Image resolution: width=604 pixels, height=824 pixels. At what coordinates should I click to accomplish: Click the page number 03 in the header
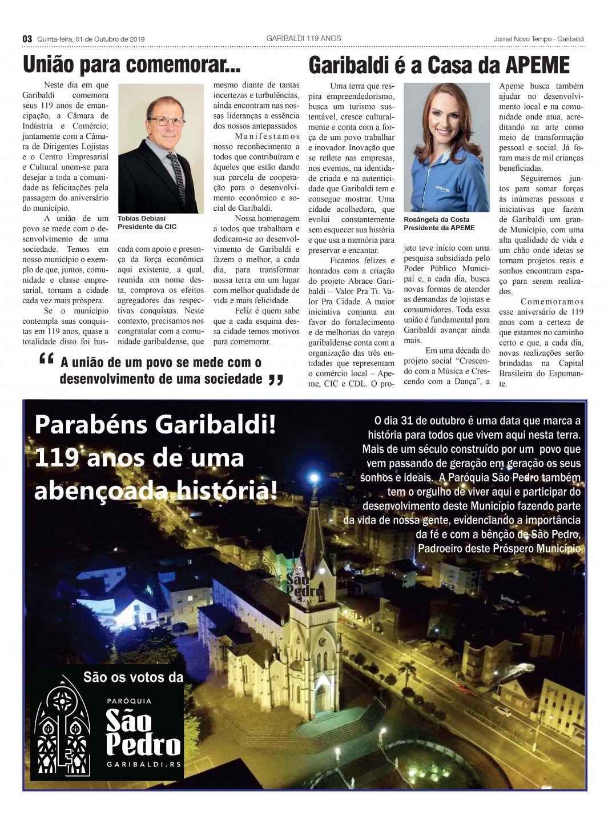27,38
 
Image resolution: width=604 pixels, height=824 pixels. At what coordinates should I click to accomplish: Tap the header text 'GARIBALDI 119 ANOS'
303,38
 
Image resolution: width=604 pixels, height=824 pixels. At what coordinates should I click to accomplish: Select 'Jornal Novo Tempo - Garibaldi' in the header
539,39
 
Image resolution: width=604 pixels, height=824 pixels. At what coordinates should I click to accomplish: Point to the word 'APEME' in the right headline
537,66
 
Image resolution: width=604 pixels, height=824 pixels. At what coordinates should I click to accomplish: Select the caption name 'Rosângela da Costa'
436,219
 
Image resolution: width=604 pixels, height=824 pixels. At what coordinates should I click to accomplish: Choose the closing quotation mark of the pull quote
276,380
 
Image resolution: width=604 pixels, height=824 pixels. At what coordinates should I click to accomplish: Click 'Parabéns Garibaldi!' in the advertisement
155,425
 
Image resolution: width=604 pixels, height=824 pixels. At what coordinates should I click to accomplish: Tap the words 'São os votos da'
133,677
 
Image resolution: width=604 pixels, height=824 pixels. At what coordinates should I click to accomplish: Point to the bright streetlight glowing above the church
313,477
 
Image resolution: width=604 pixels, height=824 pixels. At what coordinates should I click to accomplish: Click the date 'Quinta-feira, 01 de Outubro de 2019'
91,39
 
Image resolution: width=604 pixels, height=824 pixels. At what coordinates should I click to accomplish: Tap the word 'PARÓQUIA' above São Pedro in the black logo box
129,701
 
